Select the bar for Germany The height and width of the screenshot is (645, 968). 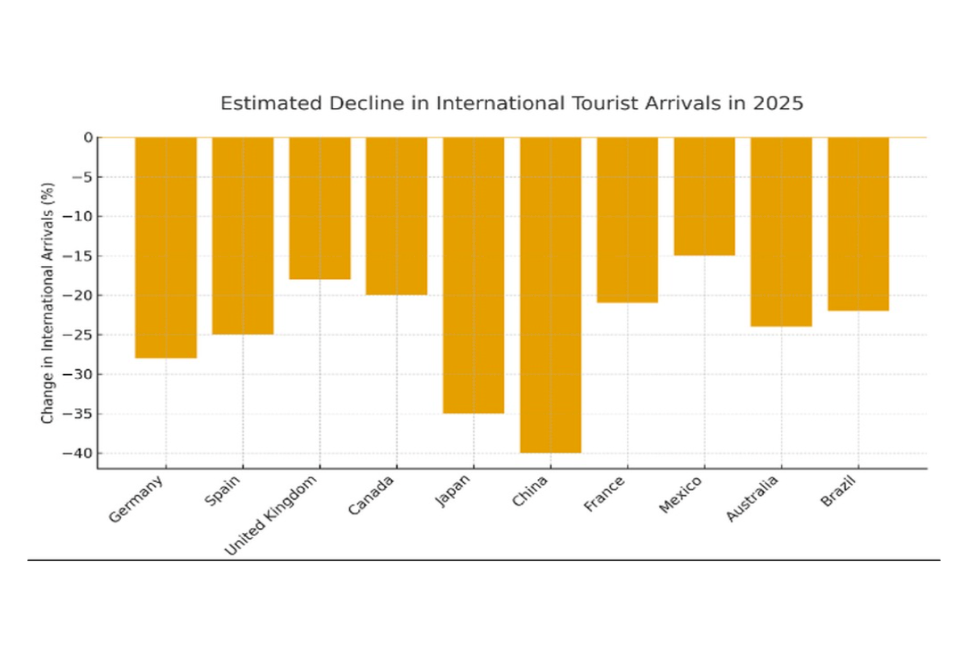pos(165,247)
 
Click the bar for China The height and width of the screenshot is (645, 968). pos(550,294)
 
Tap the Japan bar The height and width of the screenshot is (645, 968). pos(474,275)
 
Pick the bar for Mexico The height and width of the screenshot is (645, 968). pos(704,196)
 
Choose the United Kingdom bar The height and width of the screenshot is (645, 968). pos(319,208)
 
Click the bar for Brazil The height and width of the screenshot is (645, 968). pos(858,223)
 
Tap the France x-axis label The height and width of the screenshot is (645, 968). pos(605,493)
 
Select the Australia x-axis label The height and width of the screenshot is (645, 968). pos(753,499)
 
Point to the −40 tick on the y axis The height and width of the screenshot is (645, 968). pos(77,453)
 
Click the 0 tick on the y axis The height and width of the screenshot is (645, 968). pos(88,137)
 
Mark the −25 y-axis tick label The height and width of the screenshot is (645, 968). pos(77,335)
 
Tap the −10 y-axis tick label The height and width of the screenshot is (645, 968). pos(77,216)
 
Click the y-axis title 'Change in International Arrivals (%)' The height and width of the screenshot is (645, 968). pos(48,302)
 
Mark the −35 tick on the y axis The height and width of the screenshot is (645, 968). pos(77,414)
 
